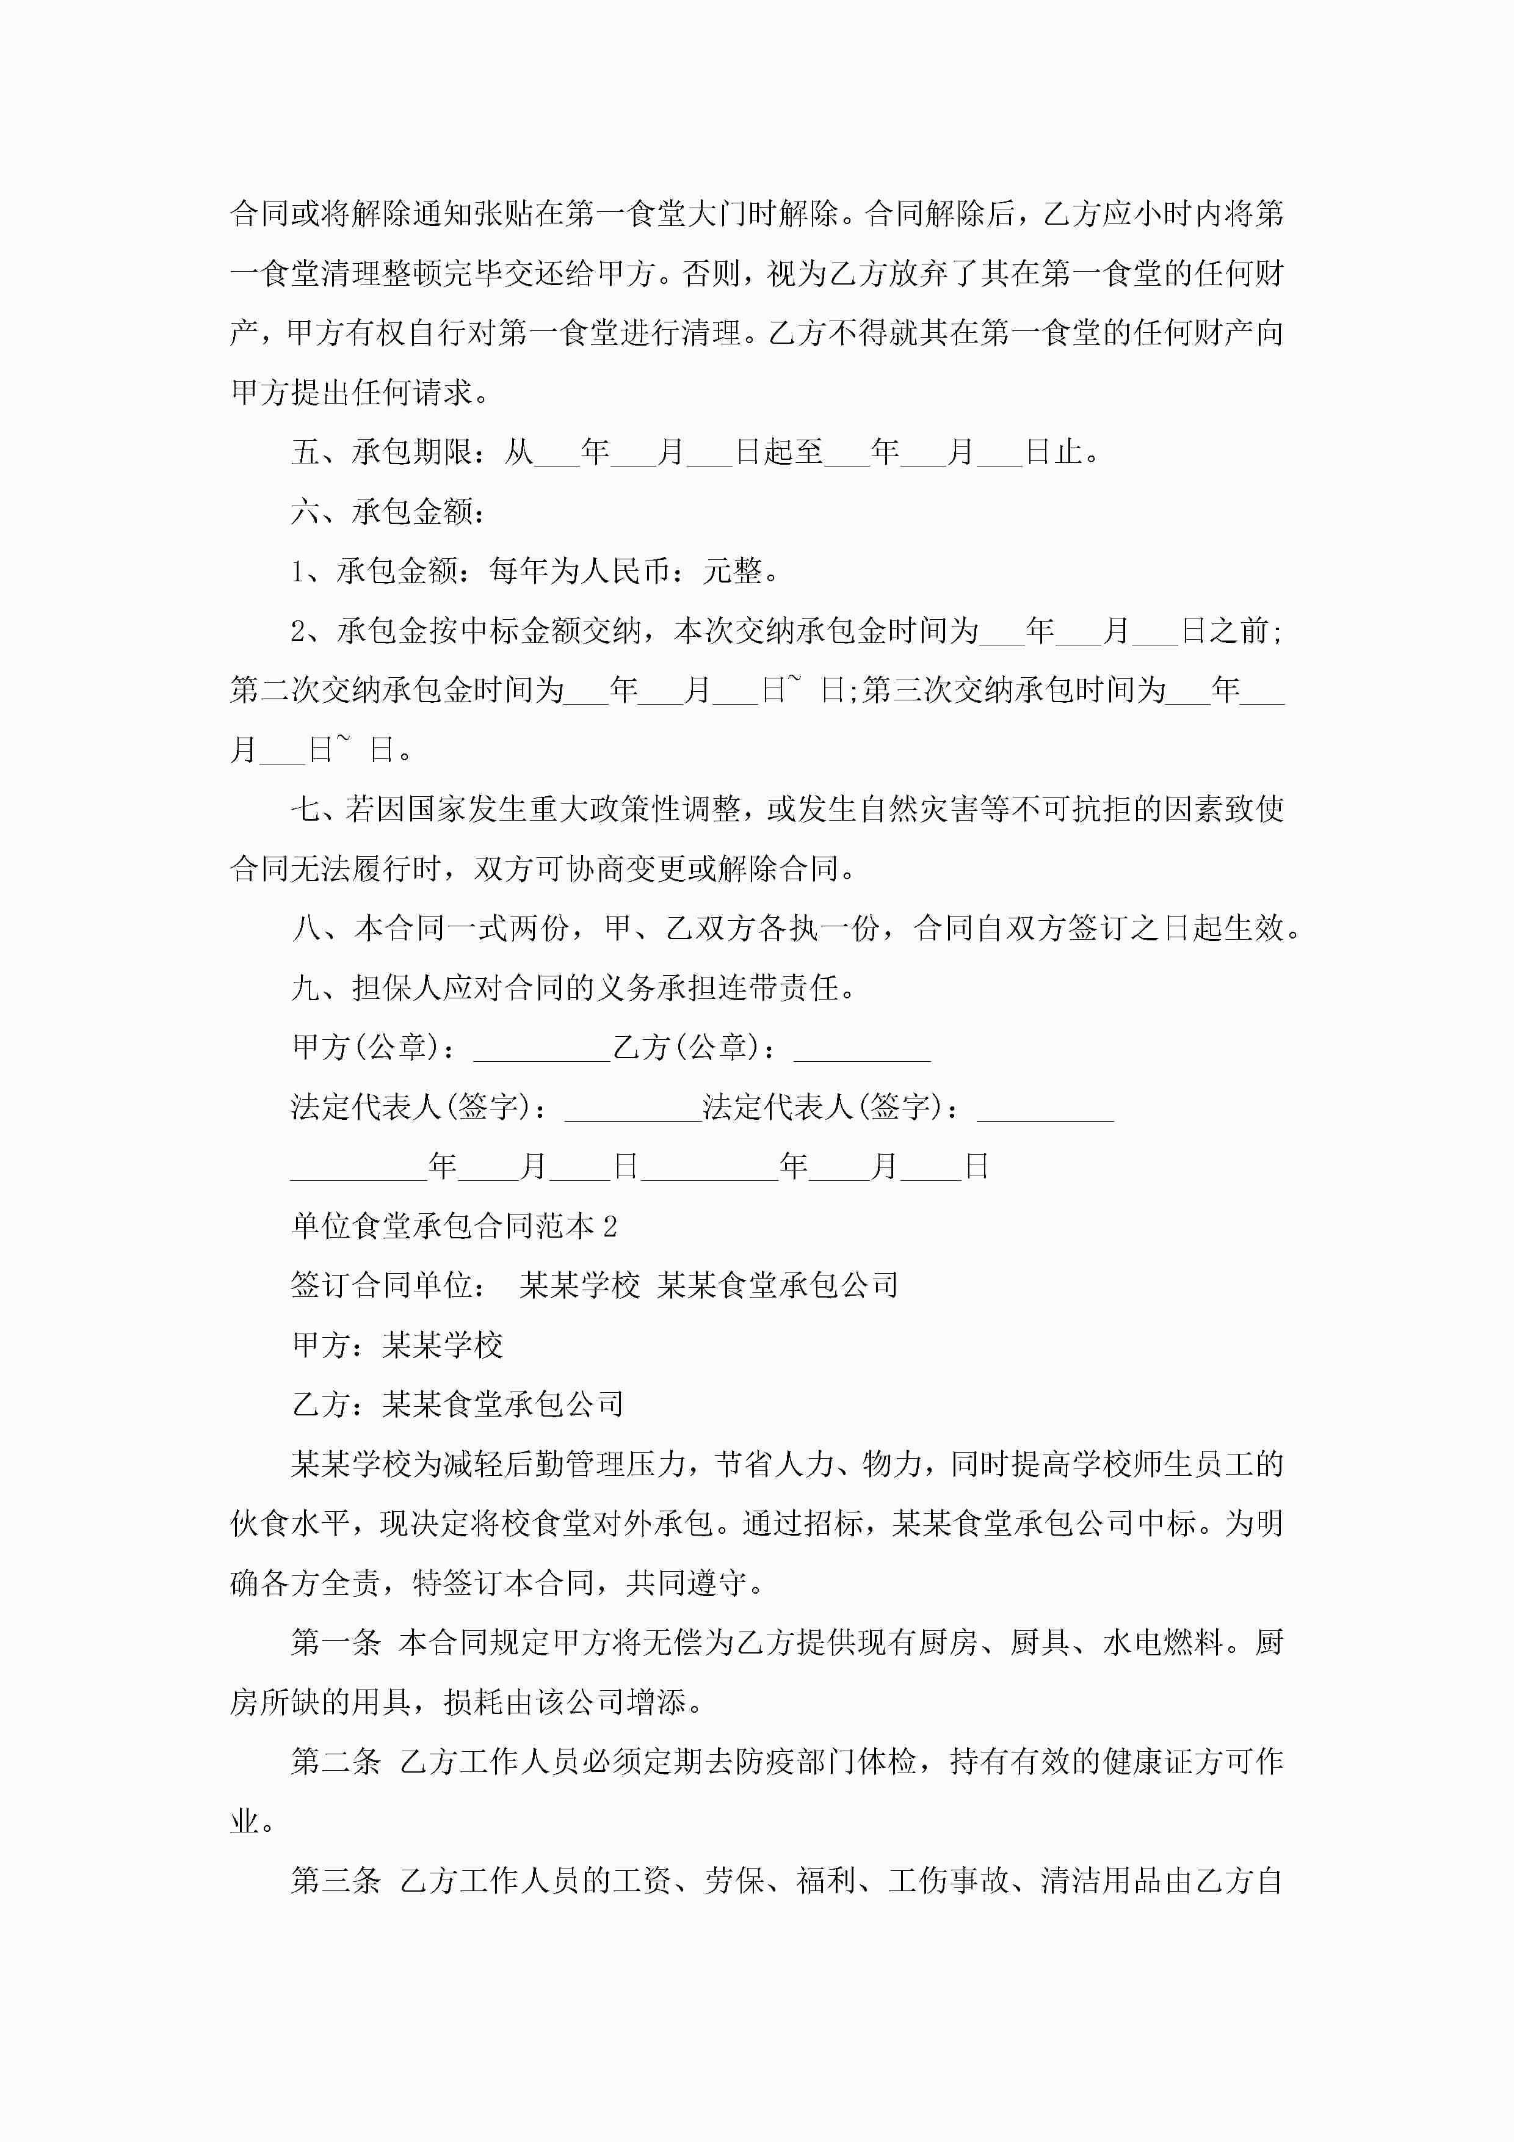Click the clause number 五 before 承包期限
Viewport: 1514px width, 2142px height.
[306, 452]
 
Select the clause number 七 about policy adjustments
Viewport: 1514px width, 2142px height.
[306, 809]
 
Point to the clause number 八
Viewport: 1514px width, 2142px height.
[306, 928]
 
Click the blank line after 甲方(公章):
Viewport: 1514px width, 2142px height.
[541, 1048]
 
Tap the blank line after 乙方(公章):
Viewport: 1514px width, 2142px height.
[862, 1048]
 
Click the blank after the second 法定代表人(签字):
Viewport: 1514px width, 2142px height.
[1045, 1108]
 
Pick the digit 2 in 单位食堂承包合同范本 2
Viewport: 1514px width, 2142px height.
[610, 1227]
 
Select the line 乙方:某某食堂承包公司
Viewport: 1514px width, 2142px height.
[457, 1405]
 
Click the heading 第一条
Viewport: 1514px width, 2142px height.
[336, 1643]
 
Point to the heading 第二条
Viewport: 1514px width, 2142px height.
[336, 1762]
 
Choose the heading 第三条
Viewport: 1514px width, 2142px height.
[336, 1881]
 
